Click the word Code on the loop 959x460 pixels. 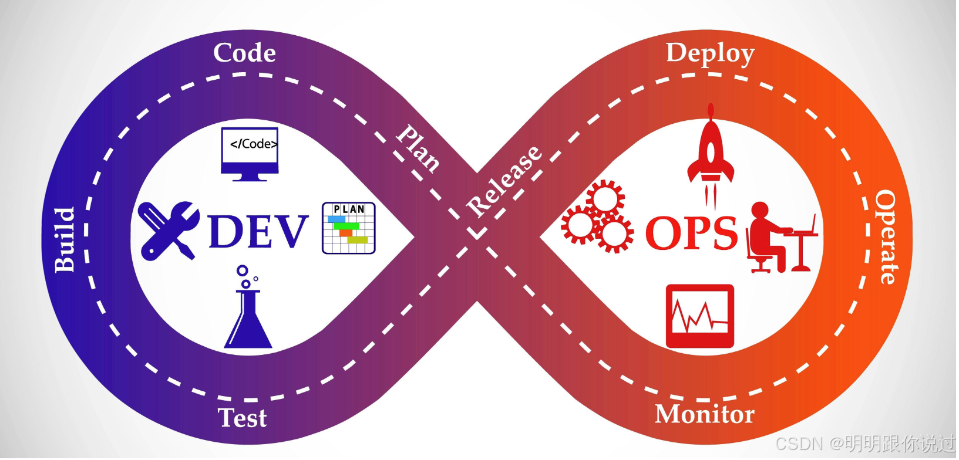coord(244,53)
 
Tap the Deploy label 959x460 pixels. coord(710,55)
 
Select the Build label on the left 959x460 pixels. coord(66,240)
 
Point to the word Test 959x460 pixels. coord(243,418)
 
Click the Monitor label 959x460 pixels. coord(705,414)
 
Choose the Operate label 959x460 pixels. coord(886,238)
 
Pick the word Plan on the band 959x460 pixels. coord(418,148)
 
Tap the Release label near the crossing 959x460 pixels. coord(505,181)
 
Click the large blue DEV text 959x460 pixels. coord(258,231)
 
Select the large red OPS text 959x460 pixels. coord(691,233)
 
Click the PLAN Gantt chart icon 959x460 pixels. coord(348,228)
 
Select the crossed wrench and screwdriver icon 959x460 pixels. coord(169,230)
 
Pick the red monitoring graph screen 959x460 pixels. coord(700,316)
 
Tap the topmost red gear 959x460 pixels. coord(604,199)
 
